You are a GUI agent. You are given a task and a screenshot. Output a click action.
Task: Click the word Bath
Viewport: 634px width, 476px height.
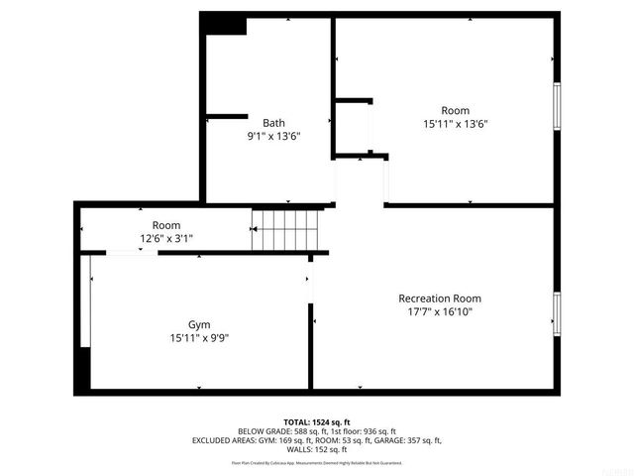pos(273,123)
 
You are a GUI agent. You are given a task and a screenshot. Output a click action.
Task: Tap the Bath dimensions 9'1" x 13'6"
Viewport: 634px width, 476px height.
pos(273,136)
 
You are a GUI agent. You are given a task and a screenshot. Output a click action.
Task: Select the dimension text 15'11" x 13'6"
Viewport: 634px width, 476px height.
pos(455,124)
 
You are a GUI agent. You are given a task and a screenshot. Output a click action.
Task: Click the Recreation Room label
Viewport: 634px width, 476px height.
pos(440,298)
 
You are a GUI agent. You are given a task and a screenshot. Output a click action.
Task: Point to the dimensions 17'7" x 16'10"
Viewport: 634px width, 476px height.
pos(440,311)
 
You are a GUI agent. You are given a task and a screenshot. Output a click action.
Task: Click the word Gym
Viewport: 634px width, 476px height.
pos(199,324)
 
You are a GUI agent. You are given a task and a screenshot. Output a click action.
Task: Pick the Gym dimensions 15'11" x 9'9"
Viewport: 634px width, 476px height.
pos(199,337)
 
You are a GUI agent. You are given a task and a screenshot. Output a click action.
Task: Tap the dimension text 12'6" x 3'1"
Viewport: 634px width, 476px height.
pos(165,238)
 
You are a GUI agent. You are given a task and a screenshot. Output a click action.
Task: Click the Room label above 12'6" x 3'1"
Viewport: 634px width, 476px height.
pos(165,225)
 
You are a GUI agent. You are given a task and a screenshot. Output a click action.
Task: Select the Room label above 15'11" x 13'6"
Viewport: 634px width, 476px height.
pos(455,110)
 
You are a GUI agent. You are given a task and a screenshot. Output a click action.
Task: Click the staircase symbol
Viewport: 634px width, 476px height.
pos(287,230)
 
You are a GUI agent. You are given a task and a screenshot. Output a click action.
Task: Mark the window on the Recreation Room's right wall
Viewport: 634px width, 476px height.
pos(557,313)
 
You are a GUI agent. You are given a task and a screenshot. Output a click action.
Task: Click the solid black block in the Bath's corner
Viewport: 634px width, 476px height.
pos(225,24)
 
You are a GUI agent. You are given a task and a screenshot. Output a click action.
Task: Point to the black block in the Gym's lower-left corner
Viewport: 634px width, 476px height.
pos(84,369)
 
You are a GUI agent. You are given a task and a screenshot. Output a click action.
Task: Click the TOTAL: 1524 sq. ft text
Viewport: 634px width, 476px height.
pos(317,421)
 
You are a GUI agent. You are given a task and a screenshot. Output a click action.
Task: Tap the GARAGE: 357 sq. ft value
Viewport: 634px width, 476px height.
pos(408,440)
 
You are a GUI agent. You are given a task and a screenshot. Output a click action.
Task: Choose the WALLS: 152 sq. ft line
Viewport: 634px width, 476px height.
pos(317,449)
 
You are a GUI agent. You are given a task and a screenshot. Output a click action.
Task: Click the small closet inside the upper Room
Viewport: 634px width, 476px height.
pos(353,127)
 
